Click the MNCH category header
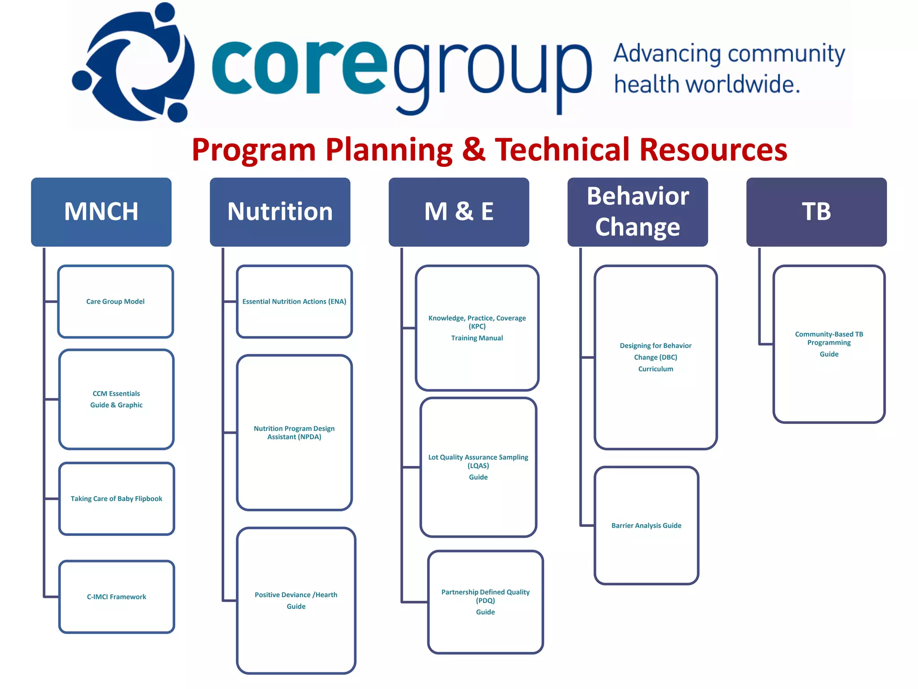pos(101,212)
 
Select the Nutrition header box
pos(280,212)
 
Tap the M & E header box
pos(459,212)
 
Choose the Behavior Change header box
pos(637,212)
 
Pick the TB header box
pos(816,212)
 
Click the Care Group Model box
pos(115,301)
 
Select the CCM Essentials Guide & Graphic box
pos(116,399)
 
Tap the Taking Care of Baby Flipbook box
pos(116,499)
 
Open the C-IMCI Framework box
pos(116,597)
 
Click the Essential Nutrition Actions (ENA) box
pos(294,301)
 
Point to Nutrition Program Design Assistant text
pos(294,432)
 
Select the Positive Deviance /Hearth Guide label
pos(296,600)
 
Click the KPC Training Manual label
pos(477,328)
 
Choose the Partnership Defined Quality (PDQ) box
pos(485,602)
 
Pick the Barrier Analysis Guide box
pos(646,525)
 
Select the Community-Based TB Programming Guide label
pos(829,344)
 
